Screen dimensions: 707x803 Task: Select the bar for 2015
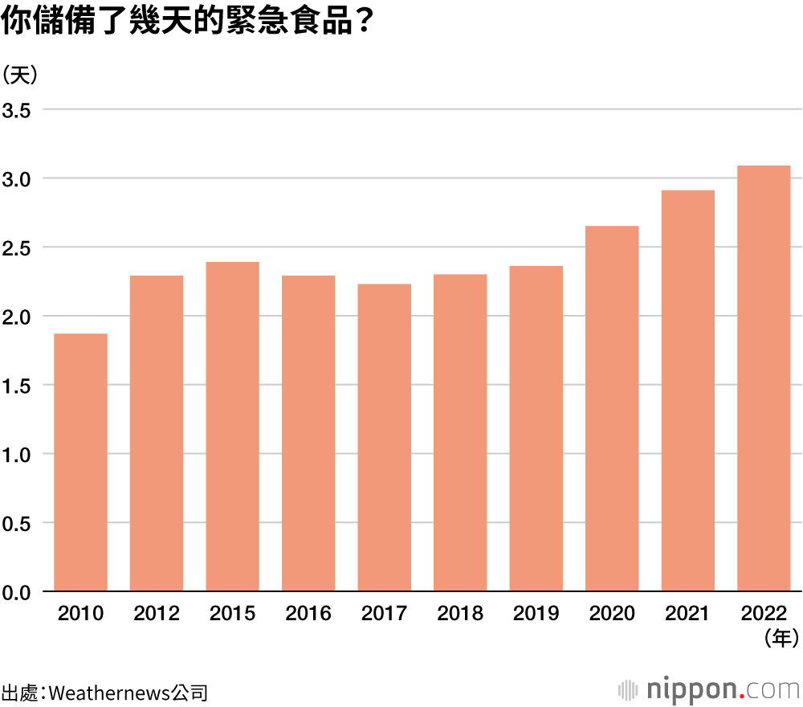(232, 427)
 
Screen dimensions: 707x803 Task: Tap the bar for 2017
(384, 438)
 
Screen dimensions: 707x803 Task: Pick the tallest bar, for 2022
(764, 378)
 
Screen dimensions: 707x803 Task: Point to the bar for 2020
(612, 409)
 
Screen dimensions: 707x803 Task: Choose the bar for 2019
(536, 429)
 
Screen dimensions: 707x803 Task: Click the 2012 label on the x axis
(157, 615)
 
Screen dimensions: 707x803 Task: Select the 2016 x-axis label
(308, 615)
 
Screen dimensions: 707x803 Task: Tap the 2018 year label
(460, 615)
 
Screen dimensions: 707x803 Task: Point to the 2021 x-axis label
(687, 615)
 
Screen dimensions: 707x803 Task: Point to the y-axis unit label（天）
(19, 75)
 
